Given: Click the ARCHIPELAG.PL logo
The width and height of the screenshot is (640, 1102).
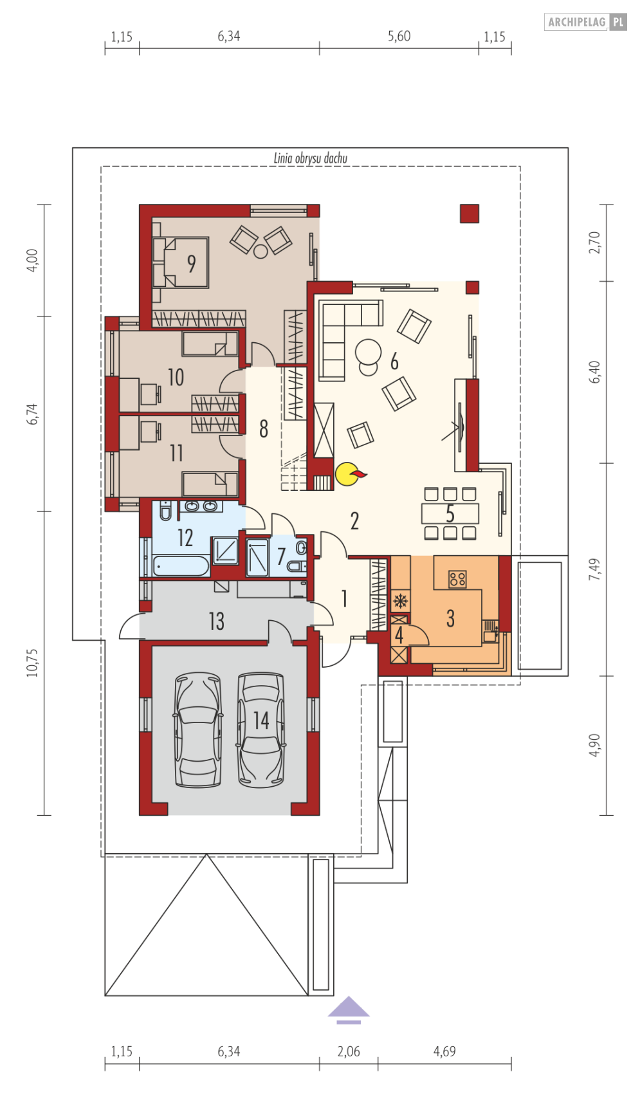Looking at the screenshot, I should pos(585,22).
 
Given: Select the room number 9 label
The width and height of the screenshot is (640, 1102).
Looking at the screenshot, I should pos(191,263).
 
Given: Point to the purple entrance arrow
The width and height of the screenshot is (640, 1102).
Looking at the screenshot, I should pos(348,1009).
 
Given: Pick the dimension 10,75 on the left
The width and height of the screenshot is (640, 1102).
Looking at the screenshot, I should pos(32,662).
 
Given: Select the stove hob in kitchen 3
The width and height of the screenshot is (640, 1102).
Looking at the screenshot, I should pos(457,579).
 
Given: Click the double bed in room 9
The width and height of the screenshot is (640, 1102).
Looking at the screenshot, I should pos(182,262).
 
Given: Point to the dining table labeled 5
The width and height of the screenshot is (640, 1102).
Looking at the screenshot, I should pos(450,513).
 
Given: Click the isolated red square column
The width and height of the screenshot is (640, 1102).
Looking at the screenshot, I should pos(470,214).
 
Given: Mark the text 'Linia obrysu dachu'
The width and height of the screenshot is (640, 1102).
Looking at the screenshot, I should pos(311,158).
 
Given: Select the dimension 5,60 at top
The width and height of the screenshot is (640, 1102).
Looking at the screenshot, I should pos(399,37).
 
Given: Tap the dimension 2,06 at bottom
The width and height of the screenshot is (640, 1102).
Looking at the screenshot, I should pos(349,1051).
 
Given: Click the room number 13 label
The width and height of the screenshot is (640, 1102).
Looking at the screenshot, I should pos(216,621).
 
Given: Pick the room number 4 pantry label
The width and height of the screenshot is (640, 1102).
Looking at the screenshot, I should pos(399,636).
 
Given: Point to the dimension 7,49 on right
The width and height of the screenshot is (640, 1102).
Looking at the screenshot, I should pos(595,569).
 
